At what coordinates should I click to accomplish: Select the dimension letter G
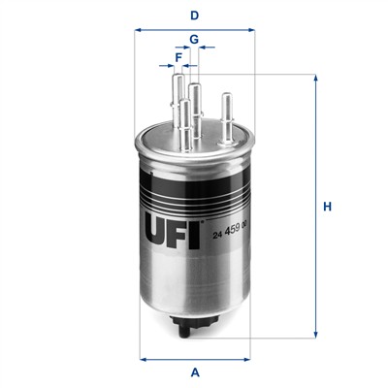[x=194, y=39]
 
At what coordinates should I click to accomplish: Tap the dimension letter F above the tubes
[x=178, y=57]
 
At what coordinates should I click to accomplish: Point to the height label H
[x=328, y=207]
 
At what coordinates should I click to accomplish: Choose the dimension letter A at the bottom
[x=195, y=372]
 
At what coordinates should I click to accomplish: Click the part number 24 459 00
[x=228, y=225]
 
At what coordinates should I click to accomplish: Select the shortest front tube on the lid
[x=184, y=127]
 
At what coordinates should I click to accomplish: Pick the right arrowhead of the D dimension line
[x=251, y=30]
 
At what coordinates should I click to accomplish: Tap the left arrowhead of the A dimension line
[x=142, y=358]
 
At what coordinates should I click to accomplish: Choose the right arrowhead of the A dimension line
[x=248, y=358]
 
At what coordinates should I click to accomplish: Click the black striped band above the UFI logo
[x=195, y=184]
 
